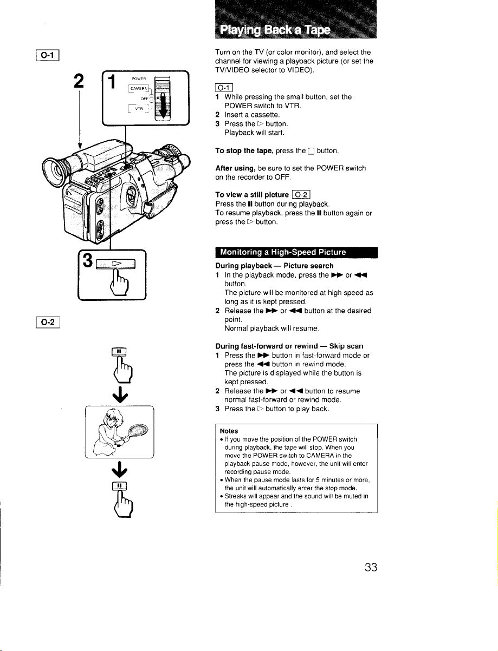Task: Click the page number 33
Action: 371,567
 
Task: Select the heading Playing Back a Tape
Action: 275,30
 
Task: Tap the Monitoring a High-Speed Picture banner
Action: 296,252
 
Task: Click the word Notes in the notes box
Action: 229,431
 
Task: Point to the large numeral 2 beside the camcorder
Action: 79,81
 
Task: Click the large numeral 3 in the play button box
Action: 88,260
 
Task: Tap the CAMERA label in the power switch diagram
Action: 138,88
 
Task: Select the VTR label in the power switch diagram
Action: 139,109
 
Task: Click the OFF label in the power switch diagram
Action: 144,98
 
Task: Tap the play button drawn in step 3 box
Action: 115,264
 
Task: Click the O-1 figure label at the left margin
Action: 48,55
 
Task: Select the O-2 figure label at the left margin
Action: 48,322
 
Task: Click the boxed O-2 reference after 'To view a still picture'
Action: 301,195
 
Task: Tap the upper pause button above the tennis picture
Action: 119,351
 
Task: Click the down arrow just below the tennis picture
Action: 120,469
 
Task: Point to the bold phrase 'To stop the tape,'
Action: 244,150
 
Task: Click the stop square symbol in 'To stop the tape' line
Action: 311,152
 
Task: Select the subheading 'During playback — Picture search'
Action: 274,266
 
